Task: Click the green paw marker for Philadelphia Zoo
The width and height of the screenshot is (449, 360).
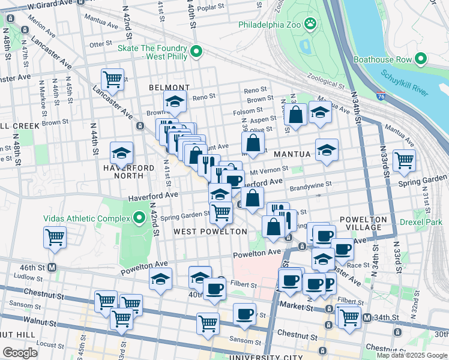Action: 310,25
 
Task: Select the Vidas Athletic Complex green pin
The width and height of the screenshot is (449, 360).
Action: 140,217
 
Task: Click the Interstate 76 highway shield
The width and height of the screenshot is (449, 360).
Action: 382,95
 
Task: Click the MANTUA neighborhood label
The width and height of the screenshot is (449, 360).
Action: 292,154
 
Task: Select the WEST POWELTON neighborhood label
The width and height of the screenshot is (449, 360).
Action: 210,232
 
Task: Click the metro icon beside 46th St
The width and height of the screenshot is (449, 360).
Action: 52,267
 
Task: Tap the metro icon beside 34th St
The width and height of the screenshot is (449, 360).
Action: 367,317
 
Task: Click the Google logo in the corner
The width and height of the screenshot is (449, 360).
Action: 19,352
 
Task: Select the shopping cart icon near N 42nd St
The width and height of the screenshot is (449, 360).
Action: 112,78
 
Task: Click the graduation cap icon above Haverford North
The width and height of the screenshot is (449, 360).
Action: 121,153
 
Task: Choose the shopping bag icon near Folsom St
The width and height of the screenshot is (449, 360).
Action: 296,114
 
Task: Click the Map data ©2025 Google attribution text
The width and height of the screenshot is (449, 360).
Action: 411,355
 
